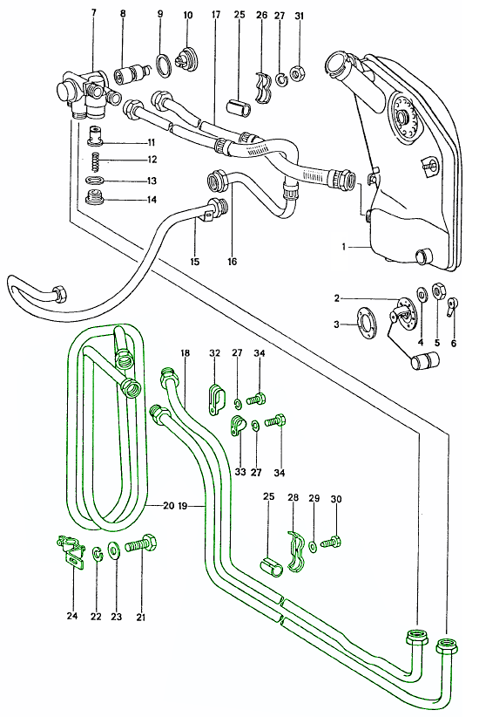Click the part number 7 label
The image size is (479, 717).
pyautogui.click(x=94, y=12)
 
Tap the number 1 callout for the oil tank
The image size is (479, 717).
pyautogui.click(x=344, y=247)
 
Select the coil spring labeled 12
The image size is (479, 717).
pyautogui.click(x=96, y=160)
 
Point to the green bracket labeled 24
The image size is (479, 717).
pyautogui.click(x=70, y=551)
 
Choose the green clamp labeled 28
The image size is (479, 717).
pyautogui.click(x=295, y=551)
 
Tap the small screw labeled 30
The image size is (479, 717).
pyautogui.click(x=332, y=542)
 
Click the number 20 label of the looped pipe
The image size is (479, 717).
pyautogui.click(x=169, y=505)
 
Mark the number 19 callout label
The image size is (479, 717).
pyautogui.click(x=182, y=505)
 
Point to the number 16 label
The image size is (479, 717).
pyautogui.click(x=232, y=261)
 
